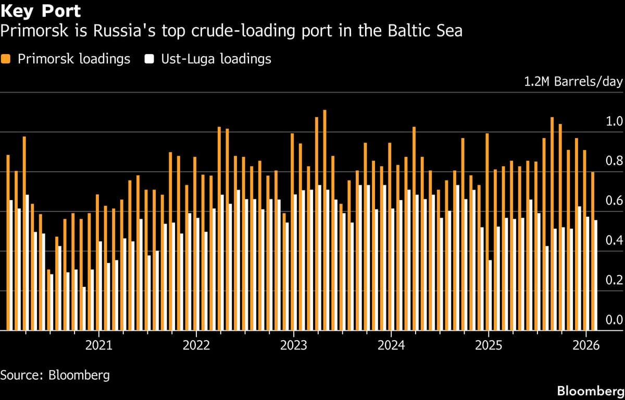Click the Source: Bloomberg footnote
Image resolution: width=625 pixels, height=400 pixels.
(55, 374)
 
